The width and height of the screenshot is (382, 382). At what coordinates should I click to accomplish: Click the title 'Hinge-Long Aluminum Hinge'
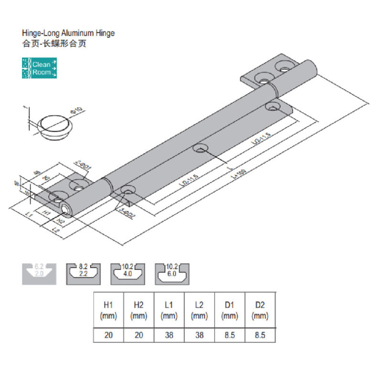pos(69,34)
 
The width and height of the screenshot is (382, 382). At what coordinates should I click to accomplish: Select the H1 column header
pos(108,310)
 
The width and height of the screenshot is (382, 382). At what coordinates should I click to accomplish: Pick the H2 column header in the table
pos(139,310)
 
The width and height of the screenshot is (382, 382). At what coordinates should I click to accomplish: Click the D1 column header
pos(230,310)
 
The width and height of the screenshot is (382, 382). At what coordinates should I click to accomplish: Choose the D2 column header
pos(260,310)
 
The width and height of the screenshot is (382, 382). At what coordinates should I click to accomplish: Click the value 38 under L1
pos(169,335)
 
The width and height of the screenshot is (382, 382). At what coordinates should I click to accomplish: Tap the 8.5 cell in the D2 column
pos(260,335)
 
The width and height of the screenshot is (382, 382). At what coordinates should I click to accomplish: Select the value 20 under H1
pos(108,335)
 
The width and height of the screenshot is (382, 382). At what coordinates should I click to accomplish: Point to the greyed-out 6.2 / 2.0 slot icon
pos(40,273)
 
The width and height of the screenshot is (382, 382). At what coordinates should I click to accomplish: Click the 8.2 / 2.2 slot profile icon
pos(83,273)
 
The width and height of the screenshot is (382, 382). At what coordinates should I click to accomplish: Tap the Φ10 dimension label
pos(77,113)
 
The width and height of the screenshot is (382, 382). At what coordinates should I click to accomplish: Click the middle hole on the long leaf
pos(200,148)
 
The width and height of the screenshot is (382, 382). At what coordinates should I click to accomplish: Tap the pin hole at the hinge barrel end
pos(65,209)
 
